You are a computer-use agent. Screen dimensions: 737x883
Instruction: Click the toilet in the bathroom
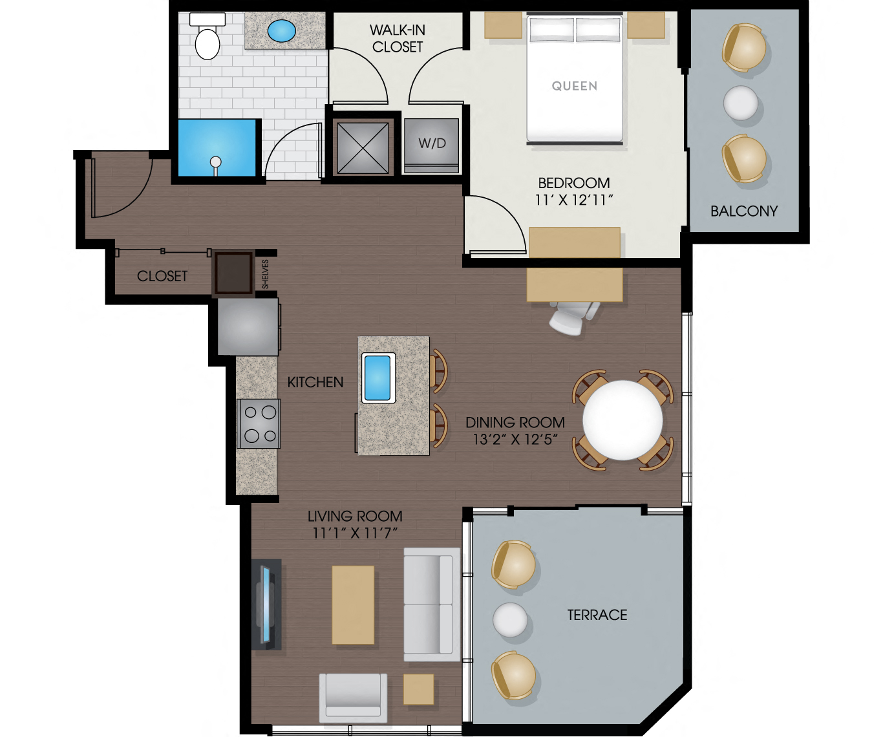(207, 39)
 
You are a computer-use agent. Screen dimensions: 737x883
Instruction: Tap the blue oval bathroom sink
(282, 30)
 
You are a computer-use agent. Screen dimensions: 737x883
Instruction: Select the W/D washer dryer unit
(432, 145)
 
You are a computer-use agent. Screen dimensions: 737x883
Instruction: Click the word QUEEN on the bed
(574, 86)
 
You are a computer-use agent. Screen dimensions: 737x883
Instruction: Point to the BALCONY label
(743, 211)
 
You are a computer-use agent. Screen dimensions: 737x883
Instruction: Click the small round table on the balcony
(740, 103)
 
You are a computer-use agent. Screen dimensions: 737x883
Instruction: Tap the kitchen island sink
(378, 378)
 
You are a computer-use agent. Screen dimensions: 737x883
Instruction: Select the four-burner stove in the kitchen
(258, 424)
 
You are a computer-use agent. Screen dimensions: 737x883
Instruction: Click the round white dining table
(622, 420)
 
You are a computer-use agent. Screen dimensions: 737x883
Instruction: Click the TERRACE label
(597, 615)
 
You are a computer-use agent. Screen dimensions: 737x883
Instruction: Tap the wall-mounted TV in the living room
(266, 604)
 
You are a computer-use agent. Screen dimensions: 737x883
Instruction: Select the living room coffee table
(353, 605)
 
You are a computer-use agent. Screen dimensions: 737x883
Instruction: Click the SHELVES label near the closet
(265, 274)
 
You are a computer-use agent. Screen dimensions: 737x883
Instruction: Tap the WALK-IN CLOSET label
(397, 38)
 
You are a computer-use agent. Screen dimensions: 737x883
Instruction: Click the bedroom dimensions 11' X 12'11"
(573, 200)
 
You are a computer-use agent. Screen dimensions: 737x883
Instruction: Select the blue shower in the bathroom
(217, 148)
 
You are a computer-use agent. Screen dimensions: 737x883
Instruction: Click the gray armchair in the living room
(353, 698)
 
